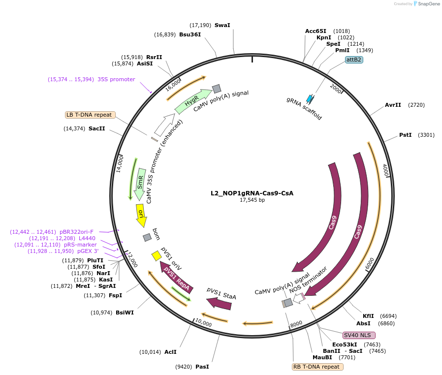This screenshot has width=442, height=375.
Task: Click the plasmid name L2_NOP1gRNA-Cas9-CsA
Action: click(x=252, y=193)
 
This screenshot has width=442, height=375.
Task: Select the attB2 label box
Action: click(x=354, y=60)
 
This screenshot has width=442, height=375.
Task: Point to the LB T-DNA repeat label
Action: click(x=90, y=115)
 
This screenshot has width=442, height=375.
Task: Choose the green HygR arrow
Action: click(x=192, y=101)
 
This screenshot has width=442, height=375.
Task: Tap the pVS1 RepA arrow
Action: click(x=176, y=278)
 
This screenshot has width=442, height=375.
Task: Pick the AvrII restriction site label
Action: click(x=393, y=105)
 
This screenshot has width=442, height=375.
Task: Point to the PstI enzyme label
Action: click(x=405, y=135)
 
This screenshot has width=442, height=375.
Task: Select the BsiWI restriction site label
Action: click(x=125, y=312)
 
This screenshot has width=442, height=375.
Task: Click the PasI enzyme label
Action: click(x=202, y=367)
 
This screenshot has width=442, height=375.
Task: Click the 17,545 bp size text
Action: click(x=252, y=200)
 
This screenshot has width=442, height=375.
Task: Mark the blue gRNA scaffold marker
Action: click(x=310, y=98)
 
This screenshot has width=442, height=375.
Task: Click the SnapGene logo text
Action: click(x=426, y=4)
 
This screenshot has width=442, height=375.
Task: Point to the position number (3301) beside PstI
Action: click(x=426, y=135)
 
